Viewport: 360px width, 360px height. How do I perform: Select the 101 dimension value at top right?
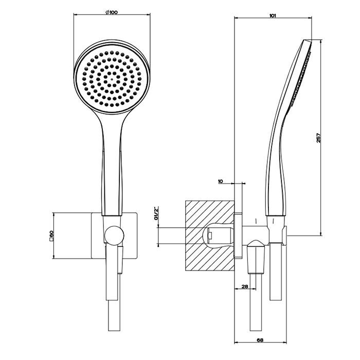pos(273,16)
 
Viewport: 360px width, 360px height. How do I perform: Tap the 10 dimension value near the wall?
pos(220,182)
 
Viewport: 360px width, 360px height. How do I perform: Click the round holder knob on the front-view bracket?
pos(113,236)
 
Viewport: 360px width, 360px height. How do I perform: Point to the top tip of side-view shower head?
pos(309,40)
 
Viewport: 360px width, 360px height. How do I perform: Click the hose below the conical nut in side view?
pos(256,309)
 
